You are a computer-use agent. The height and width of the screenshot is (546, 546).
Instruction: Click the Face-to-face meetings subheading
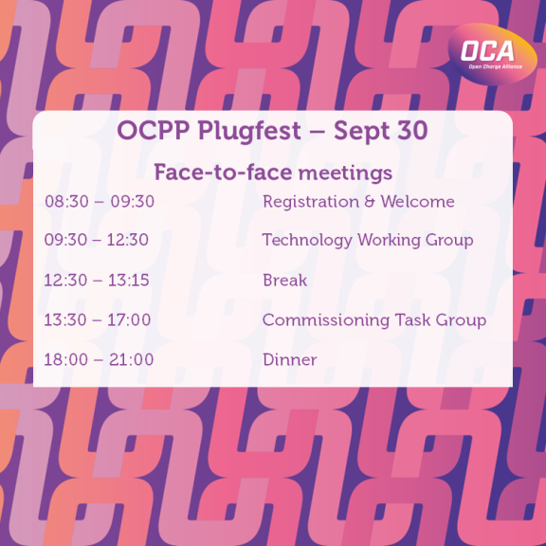pyautogui.click(x=273, y=173)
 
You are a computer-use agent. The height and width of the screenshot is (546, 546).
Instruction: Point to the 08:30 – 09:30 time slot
pyautogui.click(x=100, y=202)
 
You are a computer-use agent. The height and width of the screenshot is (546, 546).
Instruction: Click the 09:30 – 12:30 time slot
pyautogui.click(x=97, y=241)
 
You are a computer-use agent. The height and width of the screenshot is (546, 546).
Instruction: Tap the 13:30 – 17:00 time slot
pyautogui.click(x=98, y=320)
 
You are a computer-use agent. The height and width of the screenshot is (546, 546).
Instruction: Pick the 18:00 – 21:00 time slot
pyautogui.click(x=99, y=360)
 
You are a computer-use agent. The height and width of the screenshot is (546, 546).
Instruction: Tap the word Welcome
pyautogui.click(x=417, y=202)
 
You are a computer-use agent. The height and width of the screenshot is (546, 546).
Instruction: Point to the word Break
pyautogui.click(x=285, y=281)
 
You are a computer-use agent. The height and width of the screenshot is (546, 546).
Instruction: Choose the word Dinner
pyautogui.click(x=290, y=360)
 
